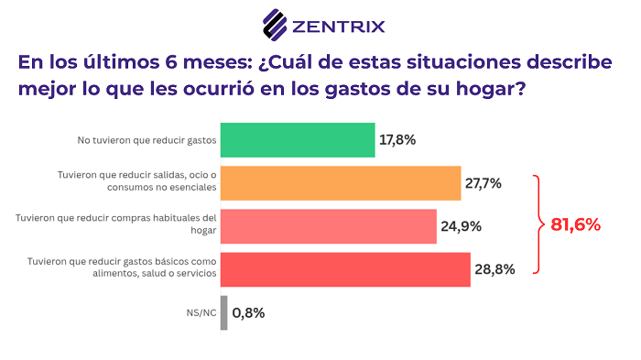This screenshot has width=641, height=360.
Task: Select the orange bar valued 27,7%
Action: click(340, 183)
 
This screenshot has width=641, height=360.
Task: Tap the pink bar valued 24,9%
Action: click(328, 226)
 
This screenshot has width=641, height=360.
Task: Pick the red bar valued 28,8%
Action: click(344, 269)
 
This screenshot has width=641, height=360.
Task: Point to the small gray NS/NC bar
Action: click(223, 312)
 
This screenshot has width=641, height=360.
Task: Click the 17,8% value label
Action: click(397, 140)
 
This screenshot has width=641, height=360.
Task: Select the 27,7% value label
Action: click(483, 183)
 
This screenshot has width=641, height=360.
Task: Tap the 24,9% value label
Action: click(460, 226)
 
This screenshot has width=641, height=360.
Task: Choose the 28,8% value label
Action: click(494, 269)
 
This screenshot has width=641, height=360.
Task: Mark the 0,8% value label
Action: click(248, 312)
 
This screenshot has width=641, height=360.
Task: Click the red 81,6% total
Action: click(575, 224)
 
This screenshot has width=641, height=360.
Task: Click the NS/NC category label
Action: click(201, 312)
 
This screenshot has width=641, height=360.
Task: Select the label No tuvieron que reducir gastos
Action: click(146, 140)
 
